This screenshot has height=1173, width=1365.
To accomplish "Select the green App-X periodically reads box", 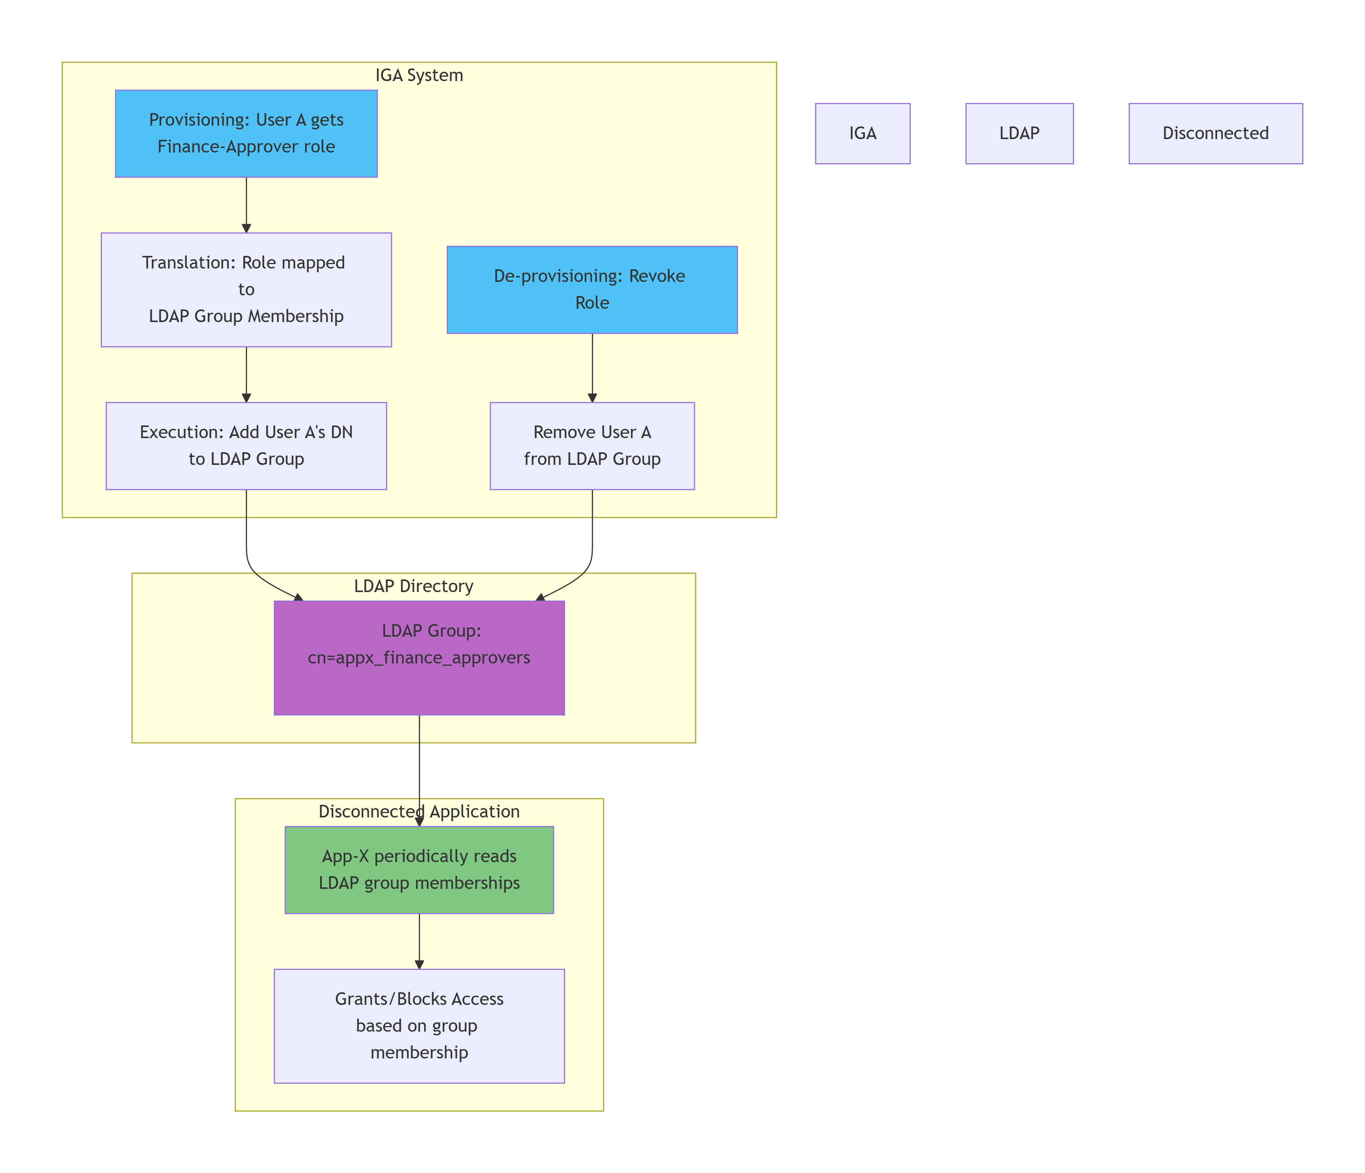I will pyautogui.click(x=419, y=870).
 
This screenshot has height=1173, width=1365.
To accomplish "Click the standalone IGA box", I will pyautogui.click(x=862, y=133).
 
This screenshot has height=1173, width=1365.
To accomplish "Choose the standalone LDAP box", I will pyautogui.click(x=1019, y=133).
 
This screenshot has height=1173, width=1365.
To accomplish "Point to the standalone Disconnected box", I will pyautogui.click(x=1215, y=133).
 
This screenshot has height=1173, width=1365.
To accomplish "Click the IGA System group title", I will pyautogui.click(x=419, y=75).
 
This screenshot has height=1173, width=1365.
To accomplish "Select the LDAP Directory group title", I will pyautogui.click(x=414, y=586).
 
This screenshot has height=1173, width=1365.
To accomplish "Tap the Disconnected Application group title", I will pyautogui.click(x=419, y=812).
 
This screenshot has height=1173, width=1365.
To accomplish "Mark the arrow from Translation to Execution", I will pyautogui.click(x=246, y=374).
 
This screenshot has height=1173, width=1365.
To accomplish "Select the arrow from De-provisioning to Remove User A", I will pyautogui.click(x=592, y=367).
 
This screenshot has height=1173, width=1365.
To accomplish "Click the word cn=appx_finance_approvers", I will pyautogui.click(x=419, y=658).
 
